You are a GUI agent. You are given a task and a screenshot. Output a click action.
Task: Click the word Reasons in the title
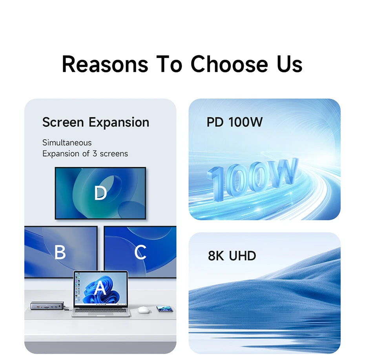105,64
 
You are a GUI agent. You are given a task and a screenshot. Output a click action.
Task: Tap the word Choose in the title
229,64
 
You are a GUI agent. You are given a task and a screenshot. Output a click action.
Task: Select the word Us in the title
290,64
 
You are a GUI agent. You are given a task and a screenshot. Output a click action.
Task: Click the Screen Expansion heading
96,122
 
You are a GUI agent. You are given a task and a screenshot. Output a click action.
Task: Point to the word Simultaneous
67,143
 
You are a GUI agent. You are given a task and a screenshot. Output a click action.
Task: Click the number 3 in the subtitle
95,153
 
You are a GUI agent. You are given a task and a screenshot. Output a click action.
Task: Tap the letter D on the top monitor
100,193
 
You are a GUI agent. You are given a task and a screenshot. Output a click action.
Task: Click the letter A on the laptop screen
100,287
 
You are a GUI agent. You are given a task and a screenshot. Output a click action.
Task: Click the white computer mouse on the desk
143,310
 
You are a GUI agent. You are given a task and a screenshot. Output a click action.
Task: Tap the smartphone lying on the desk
165,309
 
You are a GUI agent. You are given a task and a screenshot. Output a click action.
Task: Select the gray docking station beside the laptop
47,305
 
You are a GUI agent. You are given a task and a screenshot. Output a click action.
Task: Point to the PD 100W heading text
235,122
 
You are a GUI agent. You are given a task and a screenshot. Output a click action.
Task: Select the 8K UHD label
232,256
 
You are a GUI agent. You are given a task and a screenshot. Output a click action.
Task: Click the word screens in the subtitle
114,154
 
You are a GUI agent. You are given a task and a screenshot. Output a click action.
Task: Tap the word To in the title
169,64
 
